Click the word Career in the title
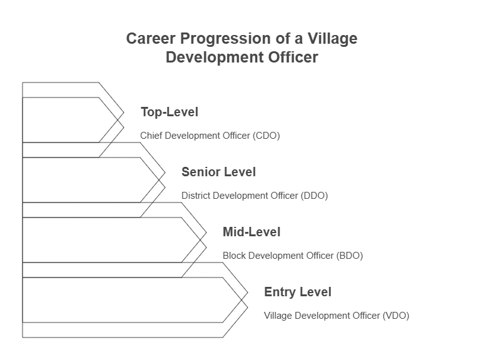click(x=151, y=39)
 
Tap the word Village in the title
click(x=332, y=39)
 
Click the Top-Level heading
click(x=169, y=112)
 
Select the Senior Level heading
click(x=218, y=172)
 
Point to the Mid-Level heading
click(x=252, y=232)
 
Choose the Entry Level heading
click(x=297, y=292)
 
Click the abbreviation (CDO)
click(x=267, y=136)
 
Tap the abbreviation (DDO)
click(x=314, y=196)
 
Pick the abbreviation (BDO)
click(x=349, y=256)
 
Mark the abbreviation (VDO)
click(x=395, y=316)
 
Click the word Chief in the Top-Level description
click(x=151, y=136)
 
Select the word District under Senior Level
click(x=196, y=196)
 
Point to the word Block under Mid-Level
click(x=235, y=256)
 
